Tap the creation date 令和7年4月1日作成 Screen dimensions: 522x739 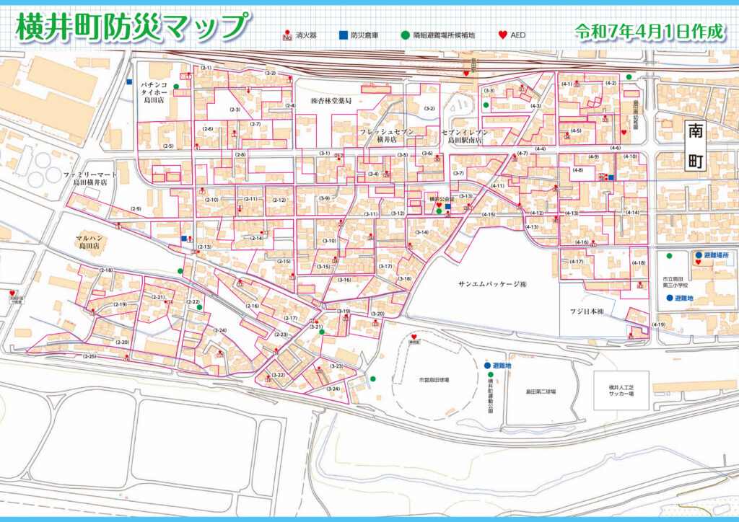[648, 32]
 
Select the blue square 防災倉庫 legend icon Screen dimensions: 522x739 [342, 35]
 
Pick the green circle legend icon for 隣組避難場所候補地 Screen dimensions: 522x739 [406, 35]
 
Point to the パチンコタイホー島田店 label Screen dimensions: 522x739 [154, 92]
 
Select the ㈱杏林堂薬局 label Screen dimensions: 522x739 [331, 101]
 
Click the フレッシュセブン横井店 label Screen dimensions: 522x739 [387, 136]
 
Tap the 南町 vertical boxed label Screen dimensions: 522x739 [695, 146]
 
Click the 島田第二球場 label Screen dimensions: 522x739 [540, 391]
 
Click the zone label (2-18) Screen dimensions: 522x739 [106, 270]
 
